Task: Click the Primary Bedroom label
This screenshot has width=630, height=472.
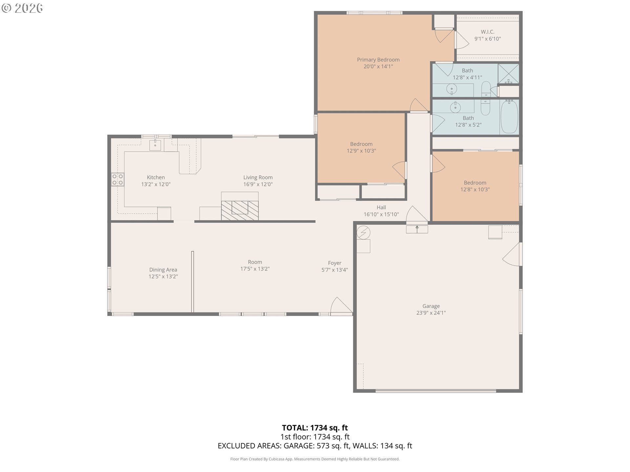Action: pyautogui.click(x=378, y=60)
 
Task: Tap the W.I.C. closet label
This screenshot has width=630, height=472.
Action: pyautogui.click(x=488, y=32)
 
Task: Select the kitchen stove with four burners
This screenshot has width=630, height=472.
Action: pyautogui.click(x=117, y=179)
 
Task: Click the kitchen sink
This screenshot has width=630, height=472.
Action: pyautogui.click(x=155, y=145)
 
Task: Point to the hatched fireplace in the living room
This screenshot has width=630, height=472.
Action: pyautogui.click(x=240, y=210)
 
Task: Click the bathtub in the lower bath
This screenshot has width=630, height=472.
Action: pyautogui.click(x=509, y=117)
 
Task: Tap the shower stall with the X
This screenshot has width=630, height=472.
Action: pyautogui.click(x=509, y=74)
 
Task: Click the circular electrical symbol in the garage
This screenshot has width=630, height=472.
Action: pyautogui.click(x=363, y=233)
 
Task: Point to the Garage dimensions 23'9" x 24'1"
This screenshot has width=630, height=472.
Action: pyautogui.click(x=431, y=313)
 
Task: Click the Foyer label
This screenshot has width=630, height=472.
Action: pyautogui.click(x=335, y=263)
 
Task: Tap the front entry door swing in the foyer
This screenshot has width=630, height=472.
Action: pyautogui.click(x=341, y=305)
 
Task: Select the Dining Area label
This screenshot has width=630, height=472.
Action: pyautogui.click(x=163, y=270)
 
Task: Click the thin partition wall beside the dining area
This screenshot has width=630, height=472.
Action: pyautogui.click(x=193, y=282)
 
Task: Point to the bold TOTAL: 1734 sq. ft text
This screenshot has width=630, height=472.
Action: pyautogui.click(x=315, y=428)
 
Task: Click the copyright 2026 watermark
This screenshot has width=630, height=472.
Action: pyautogui.click(x=22, y=8)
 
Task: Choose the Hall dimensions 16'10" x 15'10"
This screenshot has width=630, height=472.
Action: pyautogui.click(x=381, y=214)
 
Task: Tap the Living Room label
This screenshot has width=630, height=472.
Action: pyautogui.click(x=258, y=177)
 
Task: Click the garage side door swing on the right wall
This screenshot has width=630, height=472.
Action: pyautogui.click(x=511, y=254)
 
